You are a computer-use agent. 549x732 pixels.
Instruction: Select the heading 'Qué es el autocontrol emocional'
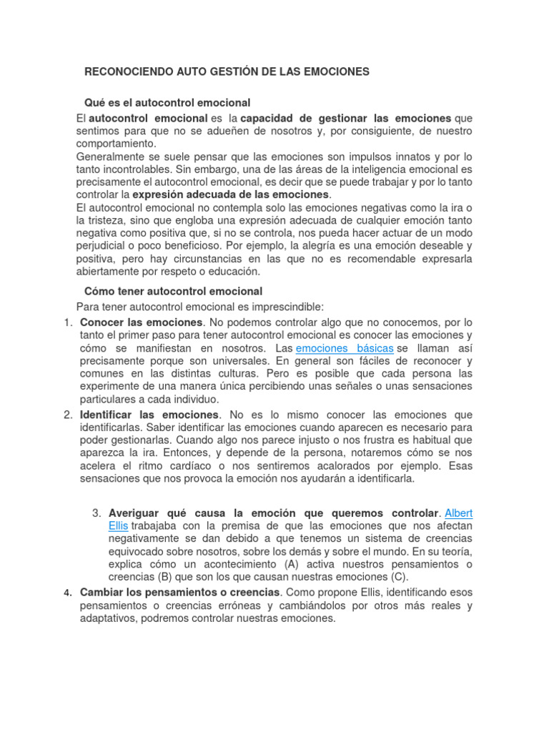pyautogui.click(x=167, y=104)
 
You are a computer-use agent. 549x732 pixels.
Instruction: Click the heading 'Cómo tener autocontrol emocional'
pyautogui.click(x=174, y=292)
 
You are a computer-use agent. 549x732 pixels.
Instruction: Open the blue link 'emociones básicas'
pyautogui.click(x=345, y=348)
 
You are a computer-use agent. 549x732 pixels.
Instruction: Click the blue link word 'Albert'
pyautogui.click(x=458, y=513)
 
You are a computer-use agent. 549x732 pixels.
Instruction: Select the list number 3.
pyautogui.click(x=98, y=513)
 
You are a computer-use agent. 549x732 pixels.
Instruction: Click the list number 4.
pyautogui.click(x=68, y=593)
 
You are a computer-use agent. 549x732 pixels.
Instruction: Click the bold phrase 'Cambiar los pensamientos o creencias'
pyautogui.click(x=180, y=593)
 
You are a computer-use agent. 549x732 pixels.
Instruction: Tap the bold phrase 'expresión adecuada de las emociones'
pyautogui.click(x=231, y=194)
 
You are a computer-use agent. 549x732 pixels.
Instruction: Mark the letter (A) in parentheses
pyautogui.click(x=292, y=564)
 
